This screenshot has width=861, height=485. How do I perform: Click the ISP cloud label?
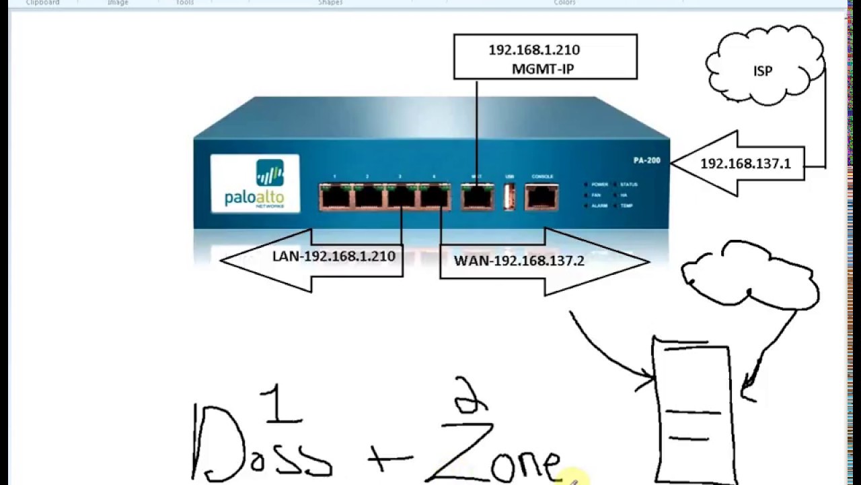pyautogui.click(x=763, y=71)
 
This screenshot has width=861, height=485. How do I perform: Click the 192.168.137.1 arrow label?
pyautogui.click(x=745, y=164)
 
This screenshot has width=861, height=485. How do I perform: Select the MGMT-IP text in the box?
pyautogui.click(x=542, y=69)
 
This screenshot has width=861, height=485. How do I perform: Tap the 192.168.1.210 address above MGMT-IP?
pyautogui.click(x=534, y=50)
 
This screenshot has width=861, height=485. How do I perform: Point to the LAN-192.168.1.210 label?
pyautogui.click(x=334, y=256)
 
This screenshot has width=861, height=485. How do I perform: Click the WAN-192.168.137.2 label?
pyautogui.click(x=519, y=261)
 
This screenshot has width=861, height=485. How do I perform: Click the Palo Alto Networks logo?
pyautogui.click(x=255, y=183)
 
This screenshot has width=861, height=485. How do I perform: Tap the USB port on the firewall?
pyautogui.click(x=509, y=196)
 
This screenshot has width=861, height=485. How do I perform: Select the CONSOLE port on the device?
pyautogui.click(x=541, y=196)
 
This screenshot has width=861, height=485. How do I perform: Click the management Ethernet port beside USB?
pyautogui.click(x=477, y=196)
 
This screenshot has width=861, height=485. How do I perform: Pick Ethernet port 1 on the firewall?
pyautogui.click(x=335, y=197)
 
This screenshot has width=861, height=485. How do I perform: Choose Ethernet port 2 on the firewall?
pyautogui.click(x=368, y=197)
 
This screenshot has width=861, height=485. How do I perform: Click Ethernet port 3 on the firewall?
pyautogui.click(x=401, y=197)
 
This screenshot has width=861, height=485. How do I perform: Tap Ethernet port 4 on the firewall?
pyautogui.click(x=434, y=197)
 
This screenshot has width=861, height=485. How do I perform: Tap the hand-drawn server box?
pyautogui.click(x=692, y=411)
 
